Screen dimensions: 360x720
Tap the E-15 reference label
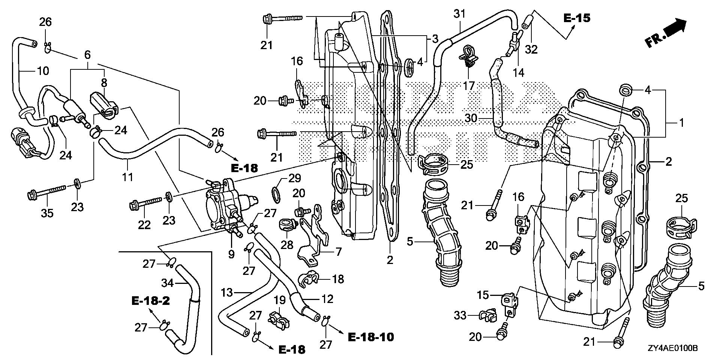tap(577, 18)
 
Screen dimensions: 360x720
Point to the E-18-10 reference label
tap(370, 337)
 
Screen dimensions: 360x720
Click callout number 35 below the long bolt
tap(47, 213)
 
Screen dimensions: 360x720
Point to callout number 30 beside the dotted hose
tap(471, 118)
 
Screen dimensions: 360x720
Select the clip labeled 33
tap(487, 316)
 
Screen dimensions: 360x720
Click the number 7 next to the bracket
tap(339, 252)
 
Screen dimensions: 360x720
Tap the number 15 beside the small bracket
tap(483, 295)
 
